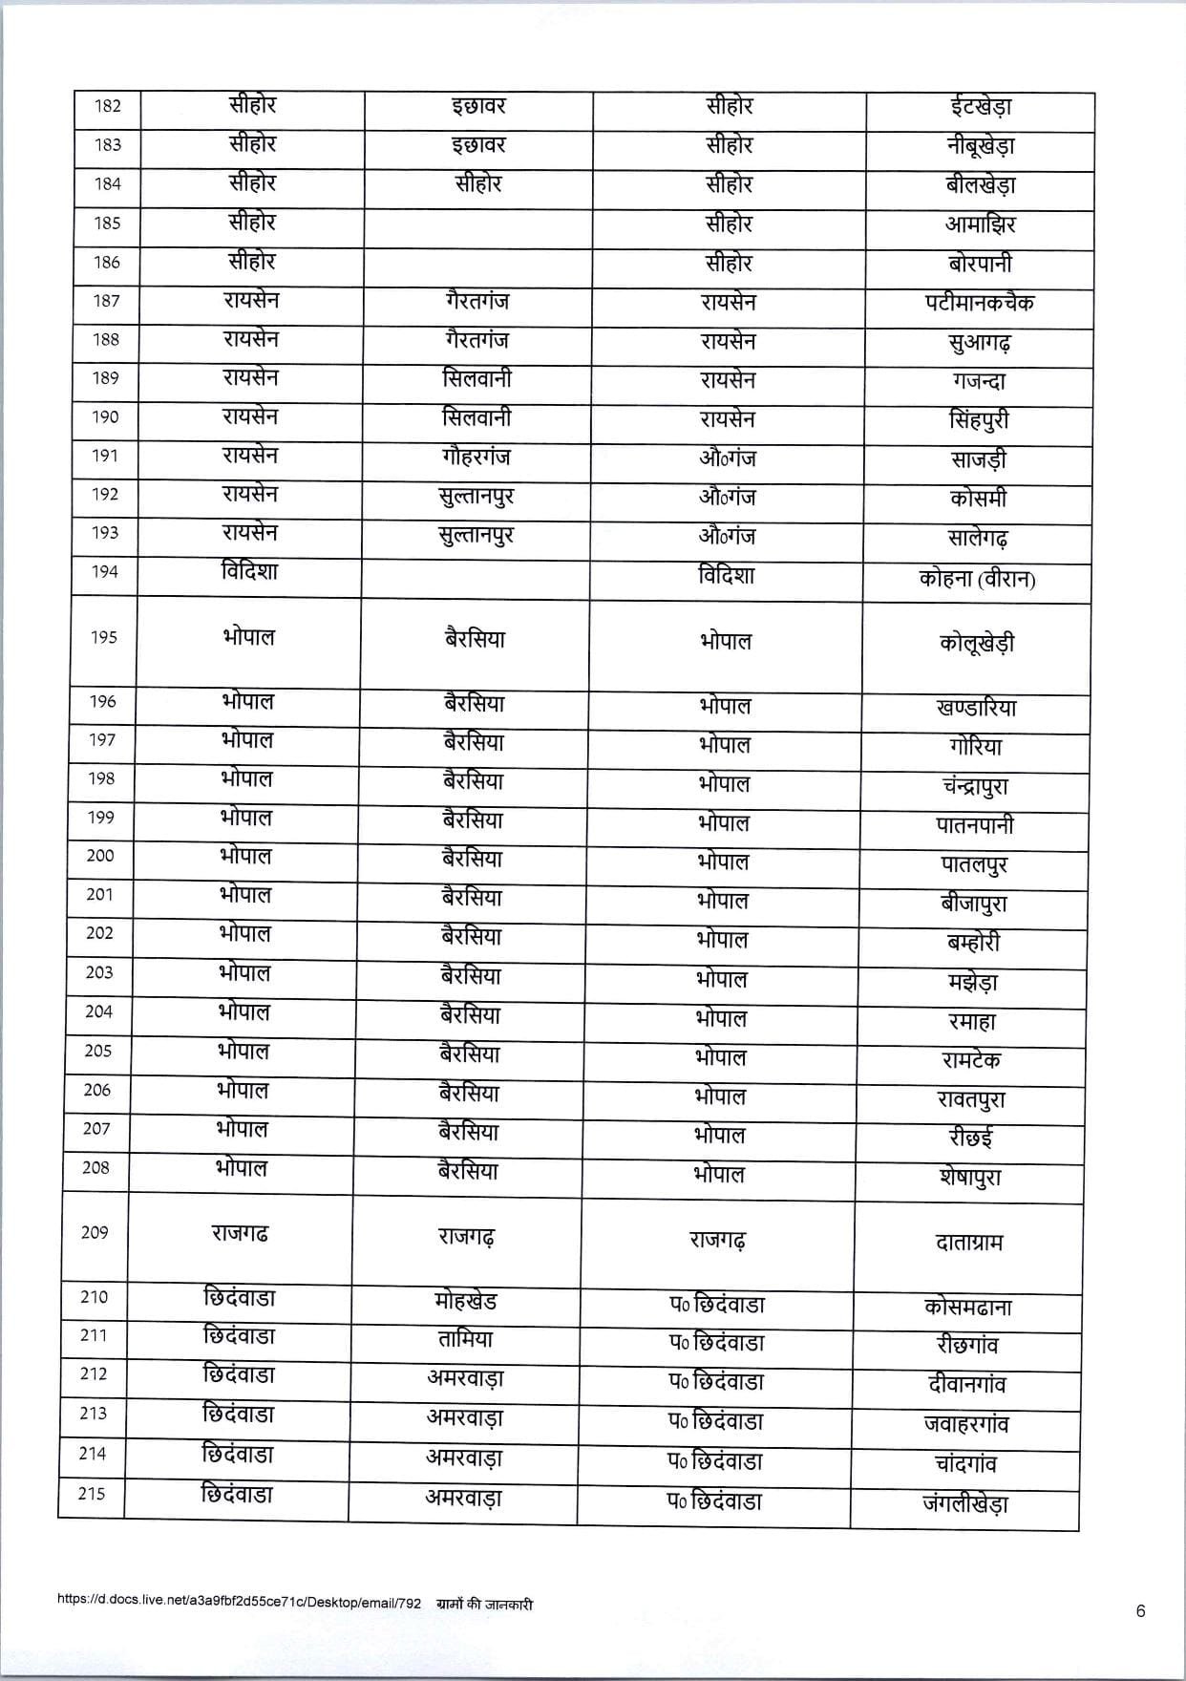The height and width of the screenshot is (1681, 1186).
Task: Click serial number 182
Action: point(108,106)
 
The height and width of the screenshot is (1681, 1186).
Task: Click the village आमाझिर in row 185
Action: point(981,224)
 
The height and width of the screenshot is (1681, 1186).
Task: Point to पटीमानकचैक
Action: point(979,303)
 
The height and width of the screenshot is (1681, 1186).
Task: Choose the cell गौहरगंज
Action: point(470,457)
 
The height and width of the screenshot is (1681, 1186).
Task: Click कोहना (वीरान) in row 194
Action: point(976,579)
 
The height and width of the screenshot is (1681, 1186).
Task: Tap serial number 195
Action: point(104,637)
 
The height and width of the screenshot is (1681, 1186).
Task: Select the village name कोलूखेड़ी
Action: point(976,643)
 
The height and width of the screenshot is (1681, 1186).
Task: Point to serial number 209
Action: point(95,1232)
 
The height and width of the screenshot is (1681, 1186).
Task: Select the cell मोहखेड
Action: point(465,1302)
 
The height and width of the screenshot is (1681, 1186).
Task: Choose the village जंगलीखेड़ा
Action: point(965,1503)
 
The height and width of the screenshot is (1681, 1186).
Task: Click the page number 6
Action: point(1140,1611)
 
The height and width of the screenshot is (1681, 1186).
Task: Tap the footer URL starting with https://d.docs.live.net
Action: point(239,1605)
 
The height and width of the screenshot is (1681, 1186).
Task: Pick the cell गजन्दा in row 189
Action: point(979,381)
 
